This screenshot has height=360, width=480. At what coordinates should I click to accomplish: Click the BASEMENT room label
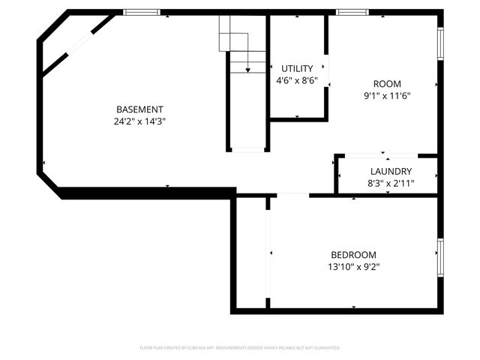tap(139, 109)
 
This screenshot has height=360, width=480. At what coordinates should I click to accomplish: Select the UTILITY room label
tap(297, 69)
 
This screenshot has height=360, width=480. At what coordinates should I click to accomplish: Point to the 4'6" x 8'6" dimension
tap(297, 80)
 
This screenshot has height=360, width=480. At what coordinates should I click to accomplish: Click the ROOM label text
tap(387, 84)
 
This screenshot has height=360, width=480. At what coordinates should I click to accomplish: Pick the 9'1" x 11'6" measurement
tap(387, 95)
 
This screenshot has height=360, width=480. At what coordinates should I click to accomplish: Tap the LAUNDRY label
tap(391, 171)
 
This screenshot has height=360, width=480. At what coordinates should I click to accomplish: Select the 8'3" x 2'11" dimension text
tap(391, 182)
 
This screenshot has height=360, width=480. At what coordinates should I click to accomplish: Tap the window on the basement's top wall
tap(142, 12)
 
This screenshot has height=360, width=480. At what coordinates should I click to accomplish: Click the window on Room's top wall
tap(352, 12)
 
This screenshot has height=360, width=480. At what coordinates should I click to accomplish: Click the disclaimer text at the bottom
tap(240, 348)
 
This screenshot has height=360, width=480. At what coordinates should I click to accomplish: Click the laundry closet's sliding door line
tap(387, 156)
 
